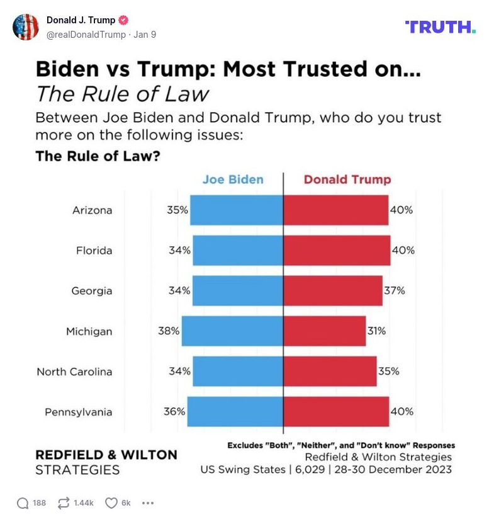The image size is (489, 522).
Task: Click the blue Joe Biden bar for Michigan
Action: (232, 331)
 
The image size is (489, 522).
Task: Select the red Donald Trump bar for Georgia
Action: (333, 290)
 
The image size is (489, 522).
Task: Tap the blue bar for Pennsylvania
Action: (235, 411)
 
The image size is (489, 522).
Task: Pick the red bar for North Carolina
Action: (330, 371)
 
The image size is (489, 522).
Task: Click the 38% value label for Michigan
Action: (169, 331)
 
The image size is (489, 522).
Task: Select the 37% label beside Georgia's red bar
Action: (395, 290)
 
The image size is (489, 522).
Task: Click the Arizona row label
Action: (92, 210)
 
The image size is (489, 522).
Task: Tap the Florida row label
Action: (94, 250)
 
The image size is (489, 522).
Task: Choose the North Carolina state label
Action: (74, 372)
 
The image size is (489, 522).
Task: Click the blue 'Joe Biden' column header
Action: (233, 179)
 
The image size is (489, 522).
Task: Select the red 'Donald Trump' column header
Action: (347, 179)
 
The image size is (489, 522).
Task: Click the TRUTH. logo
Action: (440, 26)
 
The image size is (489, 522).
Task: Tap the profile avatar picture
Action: (26, 27)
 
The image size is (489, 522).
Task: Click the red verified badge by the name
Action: (124, 20)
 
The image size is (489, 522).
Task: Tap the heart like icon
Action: (111, 502)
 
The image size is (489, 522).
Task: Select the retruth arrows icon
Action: (63, 502)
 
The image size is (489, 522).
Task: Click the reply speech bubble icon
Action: (23, 502)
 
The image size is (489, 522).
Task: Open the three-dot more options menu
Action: (148, 502)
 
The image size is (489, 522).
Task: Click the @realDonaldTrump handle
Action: (86, 35)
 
